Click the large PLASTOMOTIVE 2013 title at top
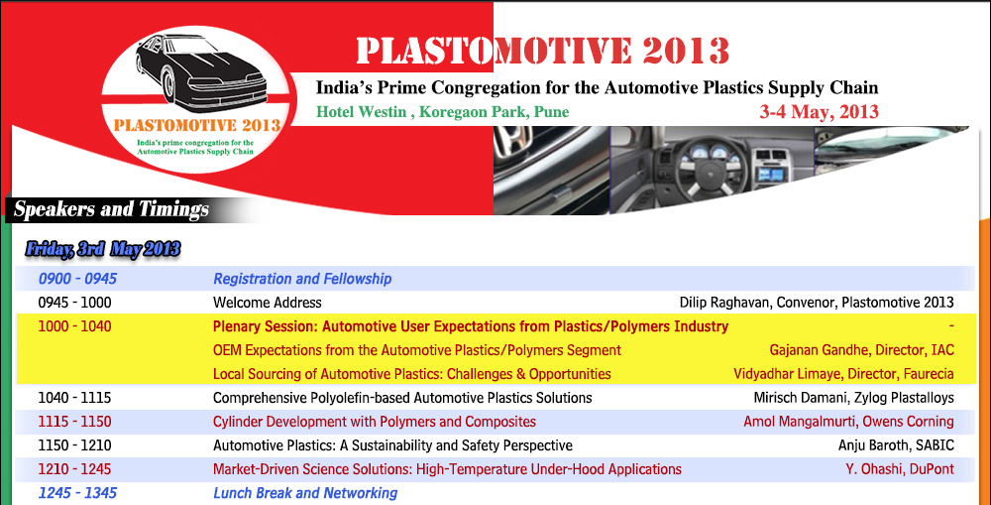(543, 51)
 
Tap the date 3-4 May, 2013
(820, 112)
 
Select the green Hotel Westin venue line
(442, 112)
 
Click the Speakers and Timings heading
(111, 209)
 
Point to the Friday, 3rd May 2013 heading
(103, 249)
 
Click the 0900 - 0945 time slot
(77, 279)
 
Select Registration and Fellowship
(302, 279)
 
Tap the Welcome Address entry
(268, 303)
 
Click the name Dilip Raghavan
(724, 303)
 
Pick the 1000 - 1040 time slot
(74, 326)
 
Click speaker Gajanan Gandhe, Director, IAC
(861, 350)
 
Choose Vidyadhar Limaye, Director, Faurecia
(843, 374)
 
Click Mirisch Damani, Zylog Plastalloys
(854, 398)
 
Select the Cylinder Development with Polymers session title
(375, 422)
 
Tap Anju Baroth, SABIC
(896, 445)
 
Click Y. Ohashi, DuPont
(900, 469)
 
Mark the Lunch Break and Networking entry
(305, 493)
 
